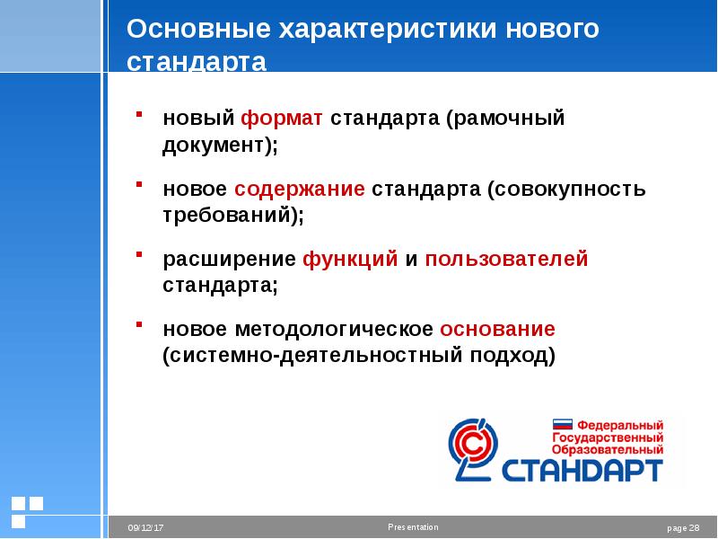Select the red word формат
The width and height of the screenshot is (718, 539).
point(283,119)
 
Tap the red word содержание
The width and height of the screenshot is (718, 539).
point(300,190)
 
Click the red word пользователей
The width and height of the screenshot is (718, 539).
point(507,260)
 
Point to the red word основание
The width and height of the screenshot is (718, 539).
point(497,329)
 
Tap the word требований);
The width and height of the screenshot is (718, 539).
point(233,216)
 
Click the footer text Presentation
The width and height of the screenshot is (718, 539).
point(414,526)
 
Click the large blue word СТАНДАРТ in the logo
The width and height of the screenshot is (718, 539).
point(582,470)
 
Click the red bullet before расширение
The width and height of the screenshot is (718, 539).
point(140,256)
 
